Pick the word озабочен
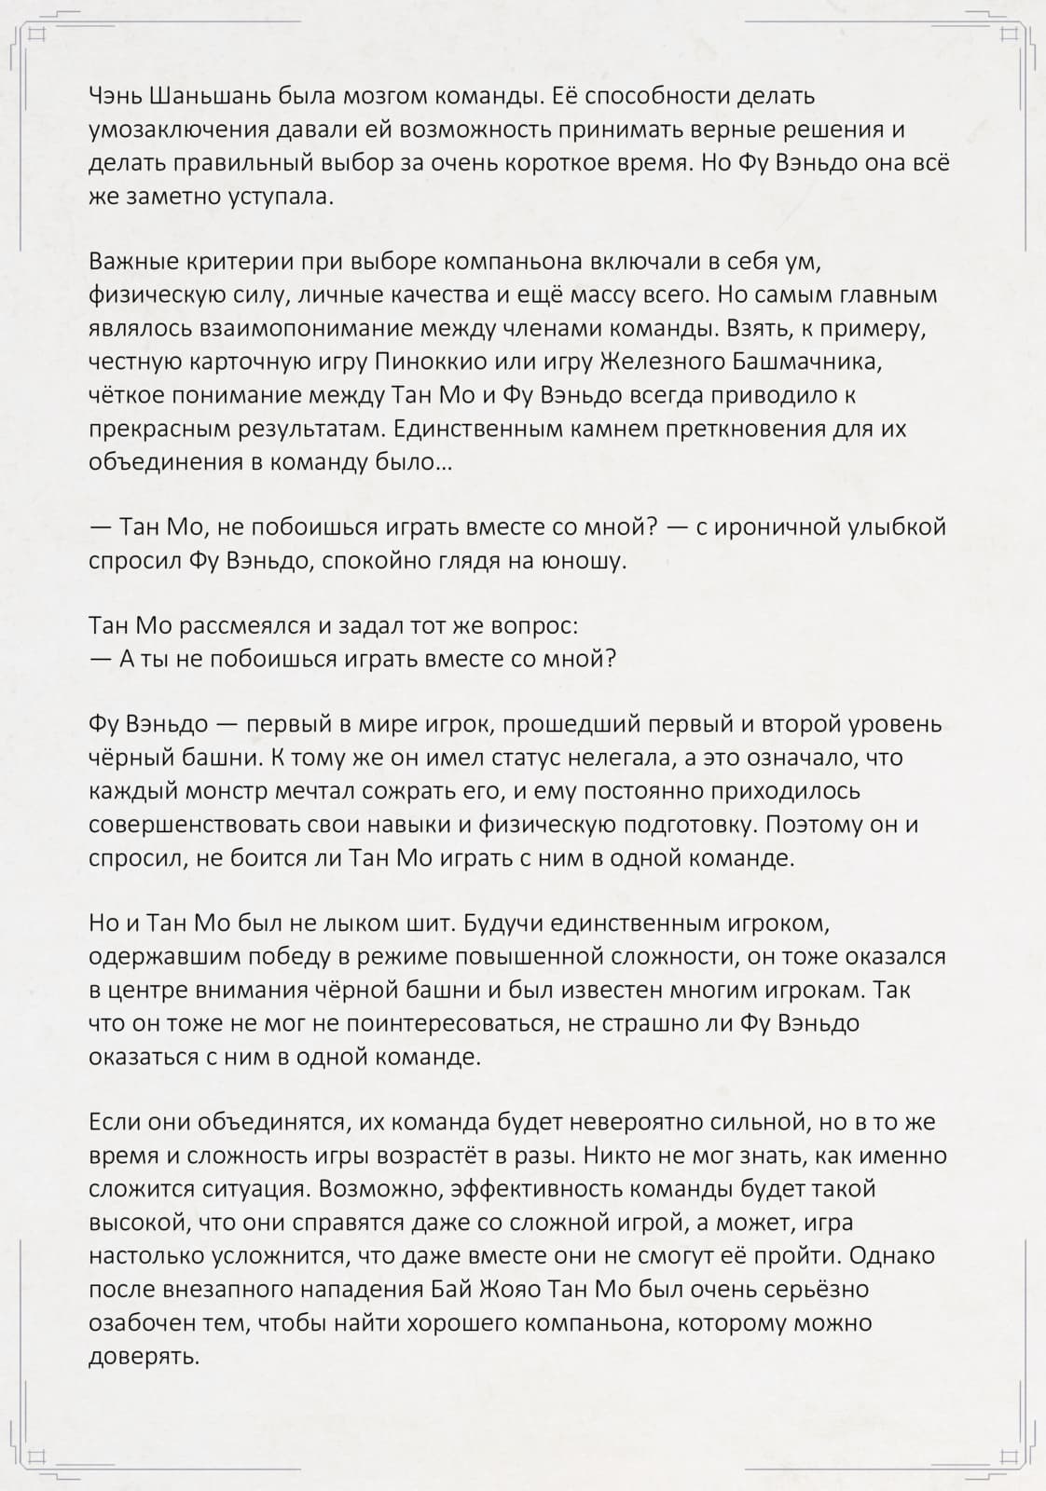click(143, 1322)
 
